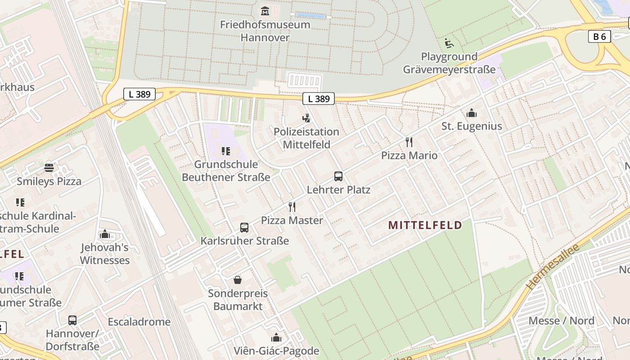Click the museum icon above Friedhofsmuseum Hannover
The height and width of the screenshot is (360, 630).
pos(265,11)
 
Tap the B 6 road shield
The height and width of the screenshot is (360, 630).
pos(599,36)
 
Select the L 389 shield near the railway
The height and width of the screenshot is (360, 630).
pos(139,94)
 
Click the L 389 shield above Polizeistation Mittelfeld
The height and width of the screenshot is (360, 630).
pos(319,99)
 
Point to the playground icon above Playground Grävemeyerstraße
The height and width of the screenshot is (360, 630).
pos(449,43)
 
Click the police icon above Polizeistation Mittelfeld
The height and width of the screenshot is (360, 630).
pos(306,118)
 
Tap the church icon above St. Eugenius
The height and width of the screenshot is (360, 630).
pos(471,113)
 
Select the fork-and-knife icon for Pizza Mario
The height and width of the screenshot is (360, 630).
pos(409,142)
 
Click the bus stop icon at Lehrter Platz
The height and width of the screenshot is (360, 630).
pos(338,176)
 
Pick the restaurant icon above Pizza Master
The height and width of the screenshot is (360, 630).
pos(292,207)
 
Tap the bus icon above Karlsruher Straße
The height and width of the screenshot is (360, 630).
pos(244,227)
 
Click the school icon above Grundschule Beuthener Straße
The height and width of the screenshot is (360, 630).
pos(226,151)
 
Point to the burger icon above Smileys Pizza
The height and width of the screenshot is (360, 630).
pos(49,168)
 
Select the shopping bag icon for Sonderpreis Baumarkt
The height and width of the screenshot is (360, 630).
pos(238,280)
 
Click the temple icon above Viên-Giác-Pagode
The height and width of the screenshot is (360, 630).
pos(276,337)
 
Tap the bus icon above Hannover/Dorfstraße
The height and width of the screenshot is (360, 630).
pos(72,320)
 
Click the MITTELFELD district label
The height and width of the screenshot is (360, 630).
pos(425,225)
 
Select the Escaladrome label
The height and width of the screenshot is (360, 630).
pos(139,322)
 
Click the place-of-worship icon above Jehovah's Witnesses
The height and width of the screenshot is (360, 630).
pos(105,234)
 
